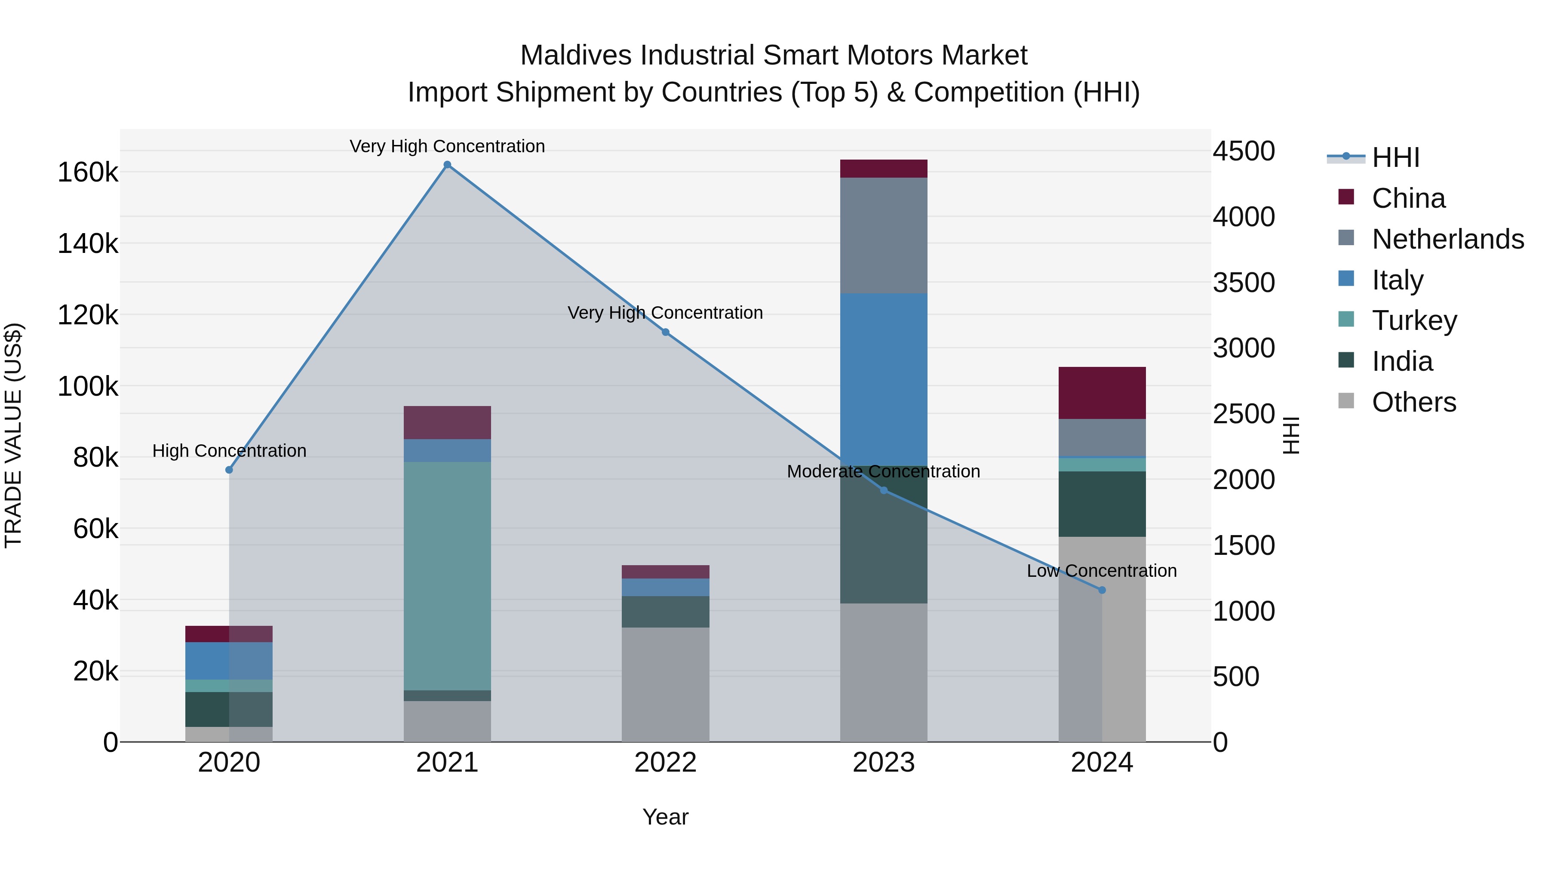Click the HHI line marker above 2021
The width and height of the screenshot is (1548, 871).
coord(447,165)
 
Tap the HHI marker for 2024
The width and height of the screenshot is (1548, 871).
coord(1102,590)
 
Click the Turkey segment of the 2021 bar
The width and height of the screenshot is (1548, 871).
coord(447,576)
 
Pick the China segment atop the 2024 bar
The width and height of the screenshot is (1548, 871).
coord(1102,393)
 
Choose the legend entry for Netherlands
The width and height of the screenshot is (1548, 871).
coord(1447,239)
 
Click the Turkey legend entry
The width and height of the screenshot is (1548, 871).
coord(1413,320)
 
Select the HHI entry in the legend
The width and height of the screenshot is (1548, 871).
coord(1395,157)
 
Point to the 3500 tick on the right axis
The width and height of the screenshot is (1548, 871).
coord(1243,283)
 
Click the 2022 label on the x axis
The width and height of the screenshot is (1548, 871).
coord(665,763)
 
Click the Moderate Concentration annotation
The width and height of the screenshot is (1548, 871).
coord(883,471)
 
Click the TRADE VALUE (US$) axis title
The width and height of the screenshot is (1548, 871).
coord(13,435)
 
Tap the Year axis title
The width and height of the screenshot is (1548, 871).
coord(665,817)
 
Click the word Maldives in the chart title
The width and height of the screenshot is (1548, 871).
coord(576,55)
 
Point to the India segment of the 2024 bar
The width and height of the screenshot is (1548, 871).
coord(1102,504)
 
